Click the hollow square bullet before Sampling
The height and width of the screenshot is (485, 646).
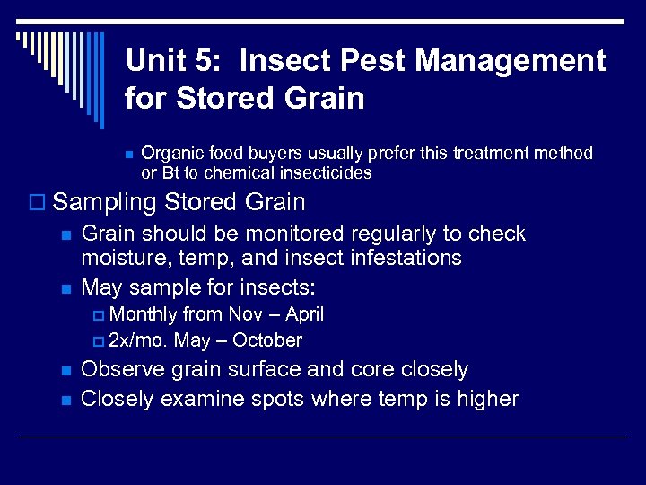coord(39,203)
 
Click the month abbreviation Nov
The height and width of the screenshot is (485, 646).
coord(246,314)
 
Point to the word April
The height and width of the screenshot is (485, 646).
coord(305,314)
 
